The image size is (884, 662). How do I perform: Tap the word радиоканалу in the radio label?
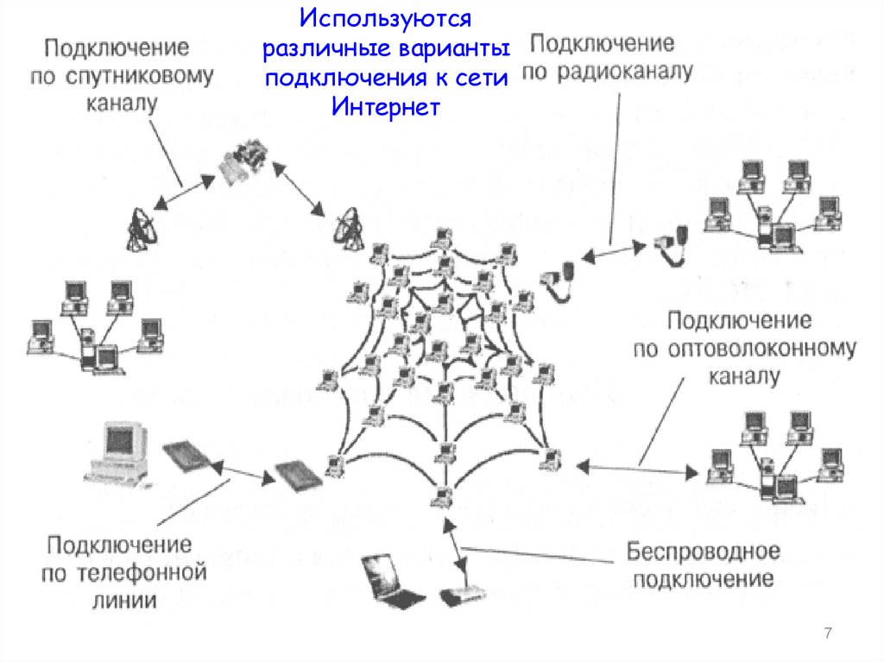[608, 72]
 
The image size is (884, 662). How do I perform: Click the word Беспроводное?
[704, 550]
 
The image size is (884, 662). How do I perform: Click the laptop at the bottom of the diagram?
[388, 580]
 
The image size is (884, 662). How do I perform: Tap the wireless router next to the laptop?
[462, 595]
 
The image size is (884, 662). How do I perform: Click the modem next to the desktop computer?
[185, 457]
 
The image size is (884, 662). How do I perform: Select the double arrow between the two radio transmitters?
[614, 251]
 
